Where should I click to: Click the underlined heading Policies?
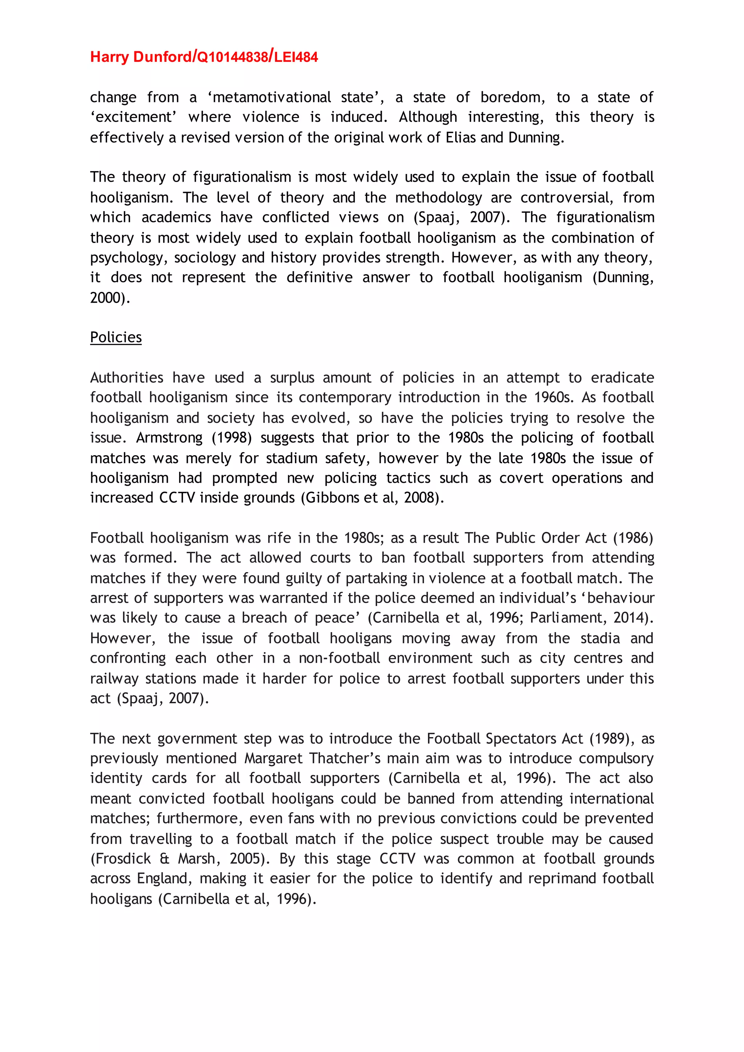coord(116,337)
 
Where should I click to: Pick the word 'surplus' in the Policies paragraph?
coord(292,378)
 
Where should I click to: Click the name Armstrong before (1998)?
coord(169,438)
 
